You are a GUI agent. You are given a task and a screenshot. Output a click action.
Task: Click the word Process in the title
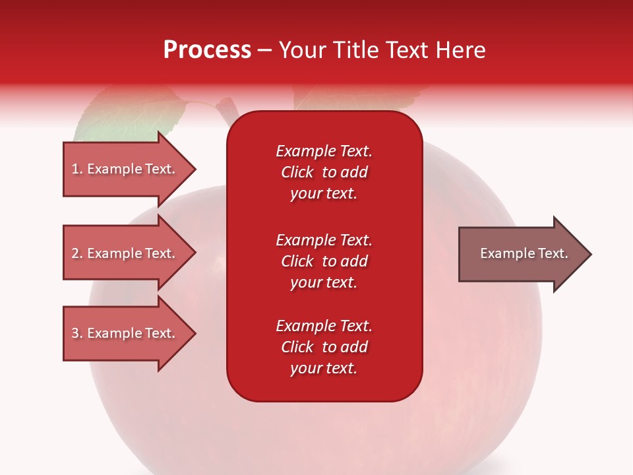(208, 50)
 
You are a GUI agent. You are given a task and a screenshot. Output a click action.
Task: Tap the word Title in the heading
(355, 50)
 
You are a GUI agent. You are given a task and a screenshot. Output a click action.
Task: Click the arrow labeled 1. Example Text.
(130, 169)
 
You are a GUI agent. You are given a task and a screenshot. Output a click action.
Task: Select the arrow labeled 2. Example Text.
(130, 253)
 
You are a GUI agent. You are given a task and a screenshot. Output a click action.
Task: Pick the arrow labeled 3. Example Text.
(130, 332)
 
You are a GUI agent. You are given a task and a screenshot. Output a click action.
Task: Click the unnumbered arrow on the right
(525, 254)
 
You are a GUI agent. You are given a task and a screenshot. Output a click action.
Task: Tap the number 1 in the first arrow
(75, 169)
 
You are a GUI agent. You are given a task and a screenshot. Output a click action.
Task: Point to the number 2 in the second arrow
(76, 253)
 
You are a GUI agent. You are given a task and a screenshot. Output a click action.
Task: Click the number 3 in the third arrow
(76, 332)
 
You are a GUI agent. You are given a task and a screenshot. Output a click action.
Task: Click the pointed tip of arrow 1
(196, 169)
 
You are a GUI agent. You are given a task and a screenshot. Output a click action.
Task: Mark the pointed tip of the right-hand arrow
(591, 254)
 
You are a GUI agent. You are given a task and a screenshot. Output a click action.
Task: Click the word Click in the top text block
(297, 172)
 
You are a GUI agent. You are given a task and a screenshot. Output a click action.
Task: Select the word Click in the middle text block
(297, 261)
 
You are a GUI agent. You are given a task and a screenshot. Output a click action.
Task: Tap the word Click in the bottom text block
(297, 346)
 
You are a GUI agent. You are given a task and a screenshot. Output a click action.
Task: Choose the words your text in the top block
(324, 194)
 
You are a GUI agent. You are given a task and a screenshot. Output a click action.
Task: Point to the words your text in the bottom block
(324, 368)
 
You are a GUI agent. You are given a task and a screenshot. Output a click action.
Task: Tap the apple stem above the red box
(227, 111)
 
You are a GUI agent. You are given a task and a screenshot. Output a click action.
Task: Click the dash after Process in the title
(265, 51)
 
